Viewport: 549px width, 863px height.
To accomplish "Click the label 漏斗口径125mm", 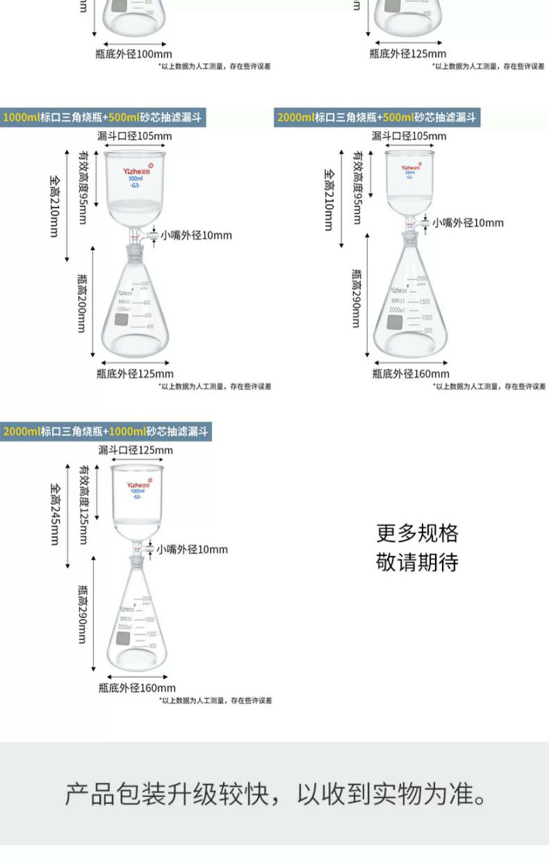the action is [135, 451].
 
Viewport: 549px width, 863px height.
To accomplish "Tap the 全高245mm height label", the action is [54, 514].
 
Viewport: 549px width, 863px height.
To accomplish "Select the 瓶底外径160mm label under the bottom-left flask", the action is [137, 688].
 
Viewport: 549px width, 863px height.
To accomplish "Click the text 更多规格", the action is [417, 533].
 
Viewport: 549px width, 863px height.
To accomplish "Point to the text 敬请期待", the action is [417, 562].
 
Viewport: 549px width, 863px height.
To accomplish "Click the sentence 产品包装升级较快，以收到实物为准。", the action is [276, 794].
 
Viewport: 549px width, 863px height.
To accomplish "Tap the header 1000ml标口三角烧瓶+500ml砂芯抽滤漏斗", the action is [102, 117].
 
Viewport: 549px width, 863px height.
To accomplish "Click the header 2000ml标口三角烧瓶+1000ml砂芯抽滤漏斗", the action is [105, 432].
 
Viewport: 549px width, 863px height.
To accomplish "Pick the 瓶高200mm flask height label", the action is [81, 301].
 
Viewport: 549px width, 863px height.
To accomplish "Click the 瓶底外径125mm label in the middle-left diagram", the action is [134, 374].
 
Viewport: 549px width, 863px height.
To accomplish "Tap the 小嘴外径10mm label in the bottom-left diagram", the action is [192, 549].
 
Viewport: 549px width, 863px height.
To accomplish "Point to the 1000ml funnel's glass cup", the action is [138, 497].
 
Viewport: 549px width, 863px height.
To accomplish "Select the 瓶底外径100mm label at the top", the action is [133, 54].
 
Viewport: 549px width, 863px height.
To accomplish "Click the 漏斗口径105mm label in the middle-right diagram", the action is [409, 136].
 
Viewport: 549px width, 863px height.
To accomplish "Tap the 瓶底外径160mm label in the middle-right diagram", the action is [410, 374].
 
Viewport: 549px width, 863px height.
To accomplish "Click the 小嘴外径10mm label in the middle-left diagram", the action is [197, 235].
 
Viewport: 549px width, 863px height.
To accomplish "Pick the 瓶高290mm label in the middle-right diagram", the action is [356, 298].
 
